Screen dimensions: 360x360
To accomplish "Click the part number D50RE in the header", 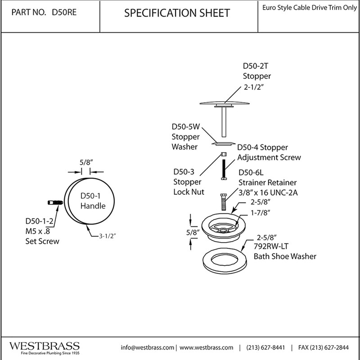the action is (64, 12).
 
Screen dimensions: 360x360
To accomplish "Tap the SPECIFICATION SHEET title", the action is (177, 13).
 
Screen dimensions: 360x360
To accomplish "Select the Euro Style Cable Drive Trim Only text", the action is (310, 8).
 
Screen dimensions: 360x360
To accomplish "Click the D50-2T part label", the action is (255, 66).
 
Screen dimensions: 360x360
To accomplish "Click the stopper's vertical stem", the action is (224, 122).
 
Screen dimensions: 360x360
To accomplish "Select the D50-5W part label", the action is (186, 127).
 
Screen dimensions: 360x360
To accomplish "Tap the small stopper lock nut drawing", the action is (224, 154).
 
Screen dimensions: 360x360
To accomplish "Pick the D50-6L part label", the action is (251, 172).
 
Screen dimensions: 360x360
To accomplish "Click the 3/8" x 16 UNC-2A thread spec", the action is (268, 193).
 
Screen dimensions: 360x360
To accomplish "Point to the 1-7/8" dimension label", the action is (260, 213).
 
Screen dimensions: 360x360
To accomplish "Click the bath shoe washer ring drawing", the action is (225, 269).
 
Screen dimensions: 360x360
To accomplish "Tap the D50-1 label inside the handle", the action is (90, 196).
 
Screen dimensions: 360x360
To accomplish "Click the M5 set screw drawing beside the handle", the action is (55, 202).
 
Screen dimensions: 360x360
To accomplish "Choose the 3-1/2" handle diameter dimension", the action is (107, 236).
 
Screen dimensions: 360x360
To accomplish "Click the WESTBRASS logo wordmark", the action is (44, 346).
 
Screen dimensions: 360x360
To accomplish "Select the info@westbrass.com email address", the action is (148, 347).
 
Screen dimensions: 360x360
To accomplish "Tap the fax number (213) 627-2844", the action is (323, 347).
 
